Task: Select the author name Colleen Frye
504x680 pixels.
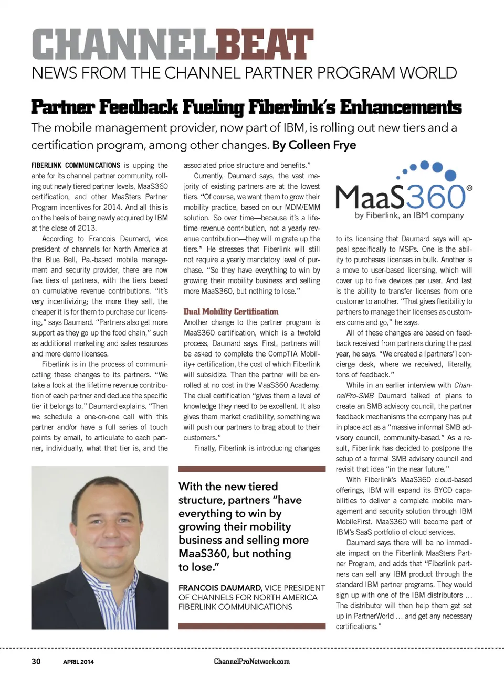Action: coord(322,145)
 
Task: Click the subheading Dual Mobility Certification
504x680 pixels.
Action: coord(231,311)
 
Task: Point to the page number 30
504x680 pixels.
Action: coord(36,661)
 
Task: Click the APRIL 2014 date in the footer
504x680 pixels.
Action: coord(78,662)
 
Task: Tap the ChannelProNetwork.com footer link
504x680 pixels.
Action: coord(251,661)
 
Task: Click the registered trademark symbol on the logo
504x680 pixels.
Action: coord(469,188)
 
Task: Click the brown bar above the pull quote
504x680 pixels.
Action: coord(251,469)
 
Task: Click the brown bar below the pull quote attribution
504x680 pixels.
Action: coord(251,625)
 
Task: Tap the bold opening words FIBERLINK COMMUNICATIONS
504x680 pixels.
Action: coord(76,165)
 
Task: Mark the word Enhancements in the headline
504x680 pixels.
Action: coord(401,107)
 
